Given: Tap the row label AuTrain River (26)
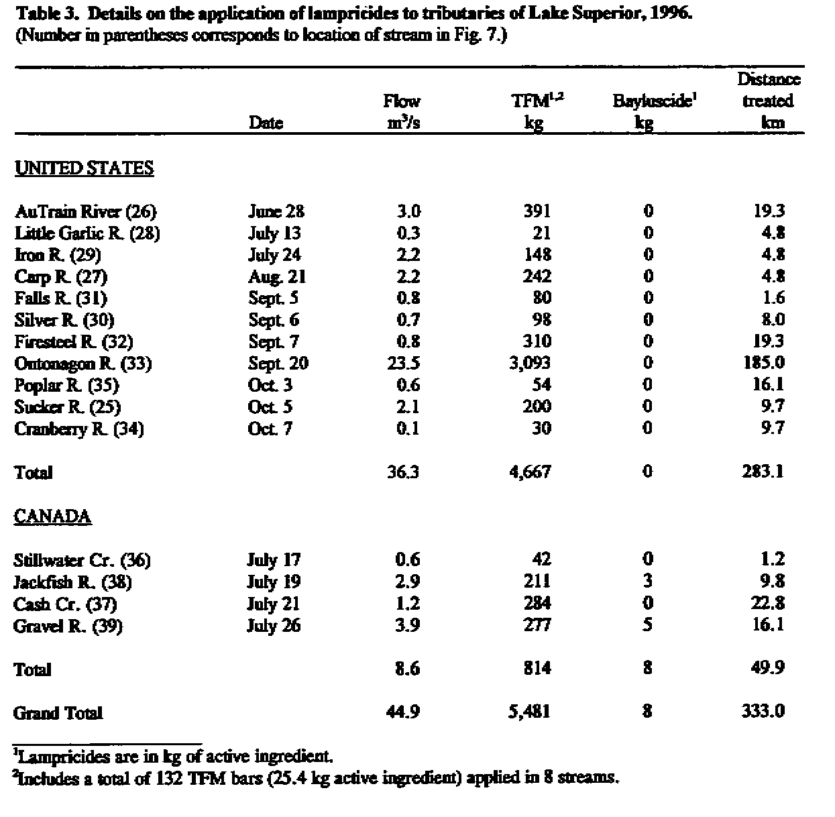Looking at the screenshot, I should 85,212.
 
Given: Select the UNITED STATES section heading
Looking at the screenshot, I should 85,168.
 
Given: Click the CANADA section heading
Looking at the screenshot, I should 52,517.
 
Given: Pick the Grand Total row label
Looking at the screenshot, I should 58,713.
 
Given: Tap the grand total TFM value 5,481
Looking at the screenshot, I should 529,712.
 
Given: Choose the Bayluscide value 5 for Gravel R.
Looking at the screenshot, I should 647,626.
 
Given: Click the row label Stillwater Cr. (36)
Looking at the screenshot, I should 82,561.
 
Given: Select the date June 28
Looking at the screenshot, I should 276,212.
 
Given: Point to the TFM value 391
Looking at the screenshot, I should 537,211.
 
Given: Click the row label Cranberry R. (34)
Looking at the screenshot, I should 79,429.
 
